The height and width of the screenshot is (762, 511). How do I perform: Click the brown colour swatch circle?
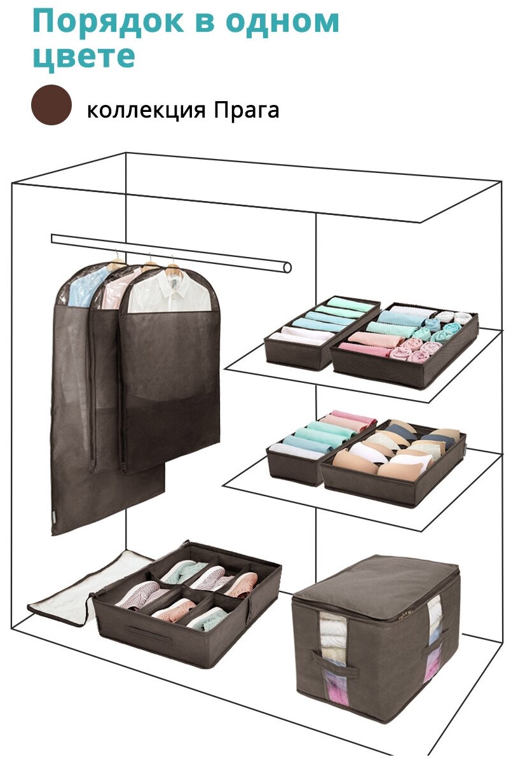(x=51, y=105)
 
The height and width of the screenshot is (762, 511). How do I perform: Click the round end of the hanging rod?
(x=287, y=268)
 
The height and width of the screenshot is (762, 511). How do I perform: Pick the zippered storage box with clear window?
(x=375, y=636)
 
